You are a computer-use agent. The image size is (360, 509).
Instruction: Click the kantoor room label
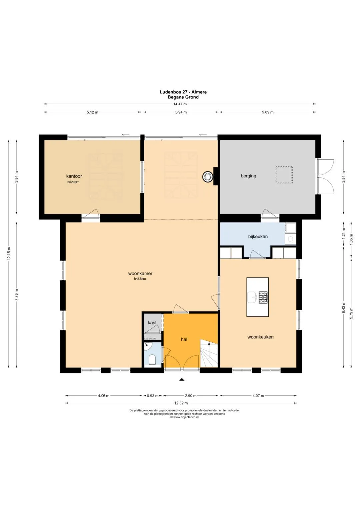tap(74, 176)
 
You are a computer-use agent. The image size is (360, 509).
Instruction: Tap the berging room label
tap(248, 176)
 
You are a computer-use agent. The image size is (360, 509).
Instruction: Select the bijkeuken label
tap(258, 237)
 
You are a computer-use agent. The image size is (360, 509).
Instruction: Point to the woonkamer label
tap(140, 274)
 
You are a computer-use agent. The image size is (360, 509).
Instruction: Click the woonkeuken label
tap(260, 337)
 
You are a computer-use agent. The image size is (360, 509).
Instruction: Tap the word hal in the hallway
tap(184, 339)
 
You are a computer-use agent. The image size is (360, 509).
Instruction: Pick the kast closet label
tap(152, 323)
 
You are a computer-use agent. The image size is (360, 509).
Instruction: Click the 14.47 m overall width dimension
tap(180, 104)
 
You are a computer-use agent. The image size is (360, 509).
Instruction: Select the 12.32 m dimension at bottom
tap(181, 403)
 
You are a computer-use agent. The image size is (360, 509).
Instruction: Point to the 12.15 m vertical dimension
tap(9, 253)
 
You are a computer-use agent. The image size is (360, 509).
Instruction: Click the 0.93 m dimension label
tap(153, 396)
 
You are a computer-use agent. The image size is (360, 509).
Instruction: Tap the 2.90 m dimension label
tap(190, 396)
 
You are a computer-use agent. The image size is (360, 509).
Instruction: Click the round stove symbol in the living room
tap(208, 177)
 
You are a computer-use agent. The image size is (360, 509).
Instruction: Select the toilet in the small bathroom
tap(152, 360)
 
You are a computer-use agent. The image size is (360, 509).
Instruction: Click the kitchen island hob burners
tap(263, 297)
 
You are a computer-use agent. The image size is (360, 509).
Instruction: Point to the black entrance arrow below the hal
tap(182, 379)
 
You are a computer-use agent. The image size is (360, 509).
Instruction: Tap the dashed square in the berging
tap(284, 175)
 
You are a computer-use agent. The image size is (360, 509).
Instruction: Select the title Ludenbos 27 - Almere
tap(183, 92)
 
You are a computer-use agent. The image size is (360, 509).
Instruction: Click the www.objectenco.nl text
tap(184, 417)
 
